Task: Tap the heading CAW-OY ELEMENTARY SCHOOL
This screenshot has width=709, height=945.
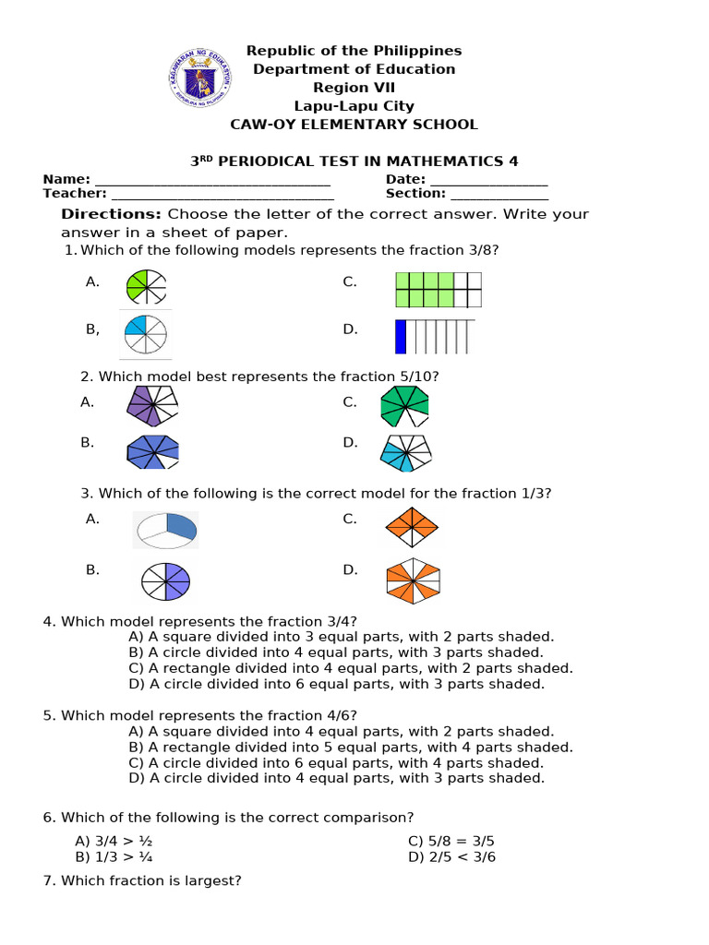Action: click(354, 125)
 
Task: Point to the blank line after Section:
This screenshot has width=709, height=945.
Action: click(499, 194)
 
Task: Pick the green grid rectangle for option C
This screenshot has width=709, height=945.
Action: click(438, 289)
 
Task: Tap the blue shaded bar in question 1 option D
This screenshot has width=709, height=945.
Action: click(401, 336)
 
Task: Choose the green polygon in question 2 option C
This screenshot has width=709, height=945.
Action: click(403, 406)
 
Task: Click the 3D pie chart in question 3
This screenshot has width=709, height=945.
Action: click(166, 529)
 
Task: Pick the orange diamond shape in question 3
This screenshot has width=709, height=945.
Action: click(412, 526)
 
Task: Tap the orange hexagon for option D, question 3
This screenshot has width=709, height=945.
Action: click(413, 580)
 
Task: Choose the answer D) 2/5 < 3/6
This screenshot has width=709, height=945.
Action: click(451, 857)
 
